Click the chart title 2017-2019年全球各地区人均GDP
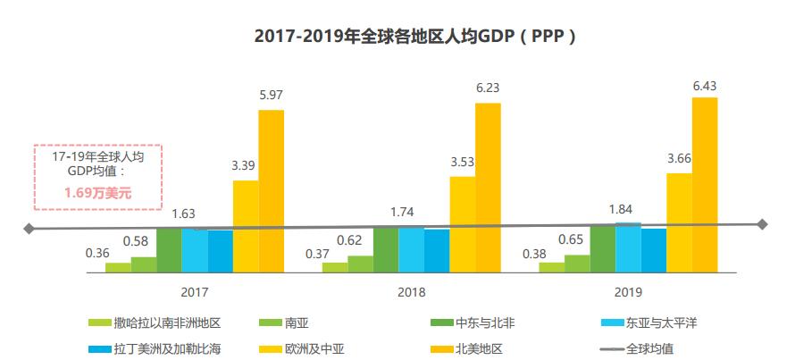(x=397, y=37)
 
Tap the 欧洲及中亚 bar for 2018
(x=462, y=224)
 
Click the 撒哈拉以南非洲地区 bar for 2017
(x=118, y=267)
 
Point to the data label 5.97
(x=272, y=95)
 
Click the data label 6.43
(x=705, y=86)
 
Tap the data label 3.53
(x=462, y=162)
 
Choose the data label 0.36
(x=97, y=253)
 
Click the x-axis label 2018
(x=412, y=292)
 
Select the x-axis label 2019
(x=629, y=292)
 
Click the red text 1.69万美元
(x=97, y=191)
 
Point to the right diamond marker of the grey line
(x=762, y=224)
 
